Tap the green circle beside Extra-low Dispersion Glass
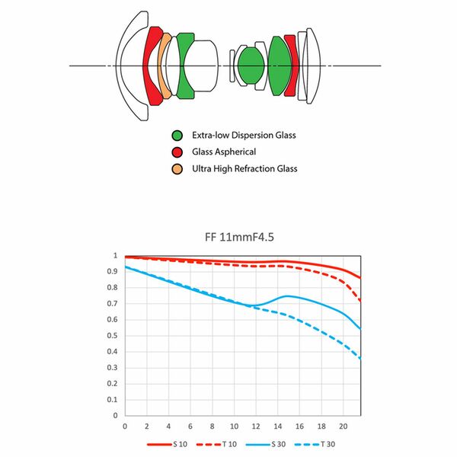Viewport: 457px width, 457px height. coord(177,136)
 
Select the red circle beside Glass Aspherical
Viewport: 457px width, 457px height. coord(177,152)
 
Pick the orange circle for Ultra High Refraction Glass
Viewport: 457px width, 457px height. coord(177,168)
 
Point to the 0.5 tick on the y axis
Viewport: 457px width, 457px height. coord(115,336)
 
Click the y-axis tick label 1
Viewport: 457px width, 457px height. coord(116,256)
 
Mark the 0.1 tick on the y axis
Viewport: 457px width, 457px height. coord(115,400)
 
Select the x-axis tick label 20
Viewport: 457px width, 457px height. coord(344,426)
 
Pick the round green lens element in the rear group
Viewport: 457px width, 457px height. coord(251,66)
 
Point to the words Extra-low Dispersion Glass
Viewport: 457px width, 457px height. coord(244,136)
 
